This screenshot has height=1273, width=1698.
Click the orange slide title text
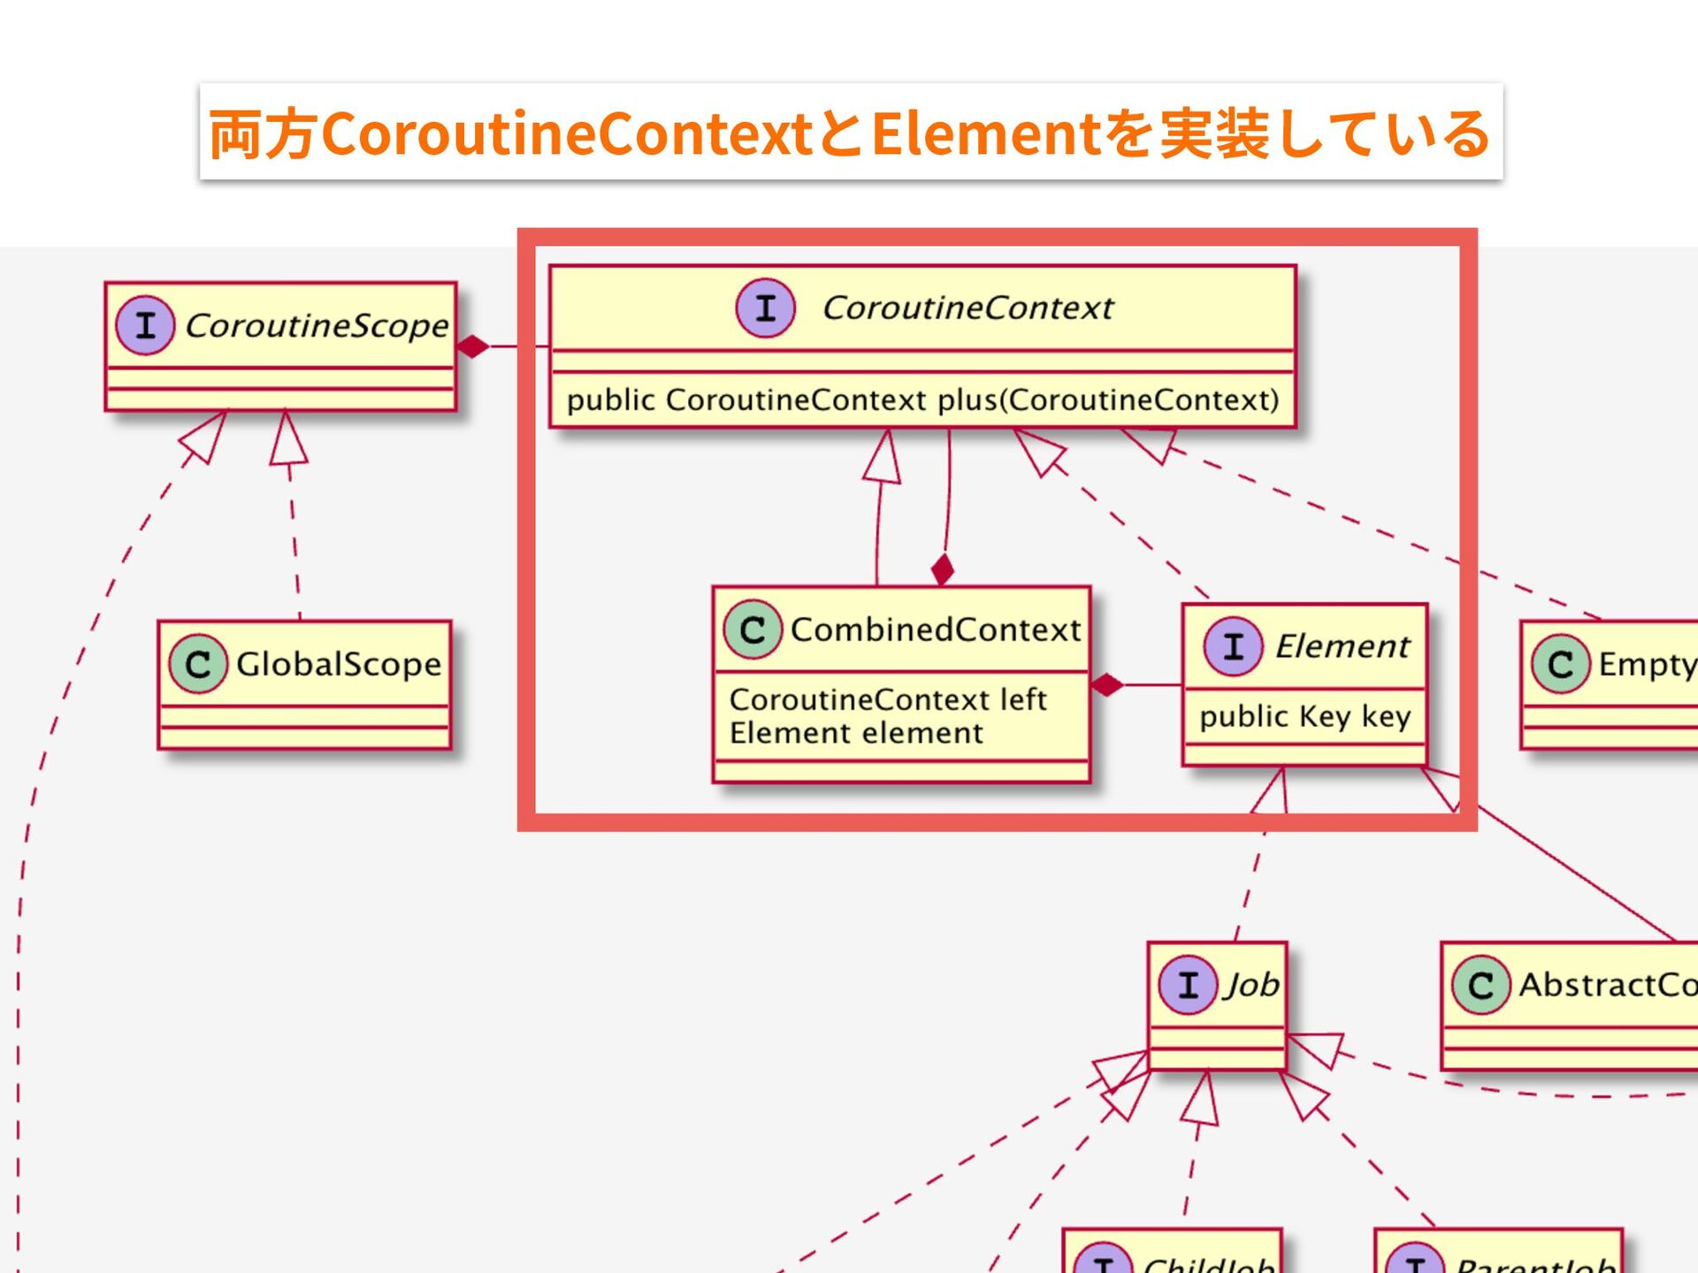[850, 133]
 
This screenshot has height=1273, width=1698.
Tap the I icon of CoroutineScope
[145, 325]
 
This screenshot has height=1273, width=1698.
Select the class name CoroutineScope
[317, 326]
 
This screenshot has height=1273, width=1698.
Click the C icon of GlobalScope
[198, 664]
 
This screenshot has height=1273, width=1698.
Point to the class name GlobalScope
[339, 664]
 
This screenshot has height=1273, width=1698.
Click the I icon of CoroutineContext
[766, 308]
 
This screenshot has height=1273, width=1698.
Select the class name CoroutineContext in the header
[968, 309]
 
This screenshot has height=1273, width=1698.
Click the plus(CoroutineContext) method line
[922, 400]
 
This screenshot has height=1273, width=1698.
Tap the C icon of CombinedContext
[753, 629]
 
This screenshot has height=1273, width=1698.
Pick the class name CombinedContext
[936, 630]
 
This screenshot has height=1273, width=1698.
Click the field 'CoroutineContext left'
[888, 700]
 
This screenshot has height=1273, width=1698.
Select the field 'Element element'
[856, 734]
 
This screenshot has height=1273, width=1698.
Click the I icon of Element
[1233, 646]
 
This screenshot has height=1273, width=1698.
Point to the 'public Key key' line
[1304, 716]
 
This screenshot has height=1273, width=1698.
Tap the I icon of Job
[1189, 985]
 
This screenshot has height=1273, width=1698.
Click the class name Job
[1251, 985]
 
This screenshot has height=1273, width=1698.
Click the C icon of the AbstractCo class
[1481, 985]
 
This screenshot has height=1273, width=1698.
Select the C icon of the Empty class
[1561, 664]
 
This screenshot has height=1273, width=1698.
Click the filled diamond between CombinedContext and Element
[1106, 684]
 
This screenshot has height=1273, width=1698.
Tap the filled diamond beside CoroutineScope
[473, 347]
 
